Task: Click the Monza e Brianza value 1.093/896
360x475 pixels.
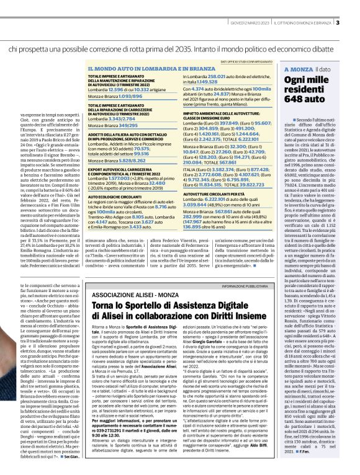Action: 134,99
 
